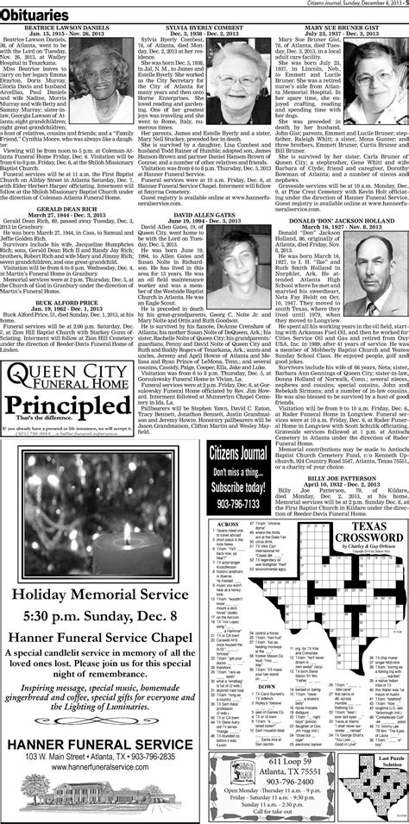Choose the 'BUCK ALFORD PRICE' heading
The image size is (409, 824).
(66, 282)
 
